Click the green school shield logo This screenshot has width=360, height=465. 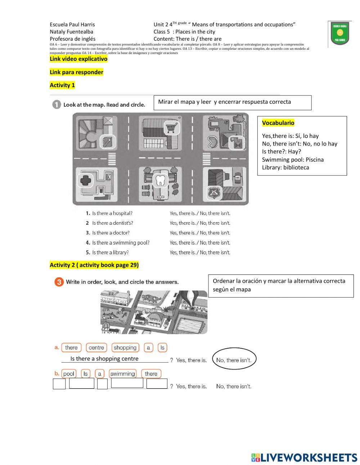tap(339, 34)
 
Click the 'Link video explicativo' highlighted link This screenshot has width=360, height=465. tap(78, 59)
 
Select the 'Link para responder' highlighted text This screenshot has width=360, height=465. tap(76, 72)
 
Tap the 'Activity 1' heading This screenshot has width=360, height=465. tap(62, 85)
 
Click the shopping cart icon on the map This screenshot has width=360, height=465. tap(172, 128)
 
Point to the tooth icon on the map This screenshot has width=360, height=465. tap(160, 180)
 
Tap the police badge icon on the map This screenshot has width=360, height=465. tap(213, 193)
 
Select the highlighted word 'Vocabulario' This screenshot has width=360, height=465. tap(278, 123)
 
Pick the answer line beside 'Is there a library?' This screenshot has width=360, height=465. tap(200, 252)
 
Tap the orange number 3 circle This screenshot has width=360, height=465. tap(59, 282)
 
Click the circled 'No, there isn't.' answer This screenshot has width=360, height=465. tap(234, 360)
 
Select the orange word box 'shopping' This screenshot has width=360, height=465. tap(125, 348)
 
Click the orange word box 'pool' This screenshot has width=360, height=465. tap(68, 374)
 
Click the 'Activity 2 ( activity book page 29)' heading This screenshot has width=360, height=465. tap(94, 265)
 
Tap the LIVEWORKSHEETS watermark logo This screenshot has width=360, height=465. tap(304, 457)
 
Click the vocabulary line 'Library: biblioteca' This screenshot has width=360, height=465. tap(285, 167)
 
